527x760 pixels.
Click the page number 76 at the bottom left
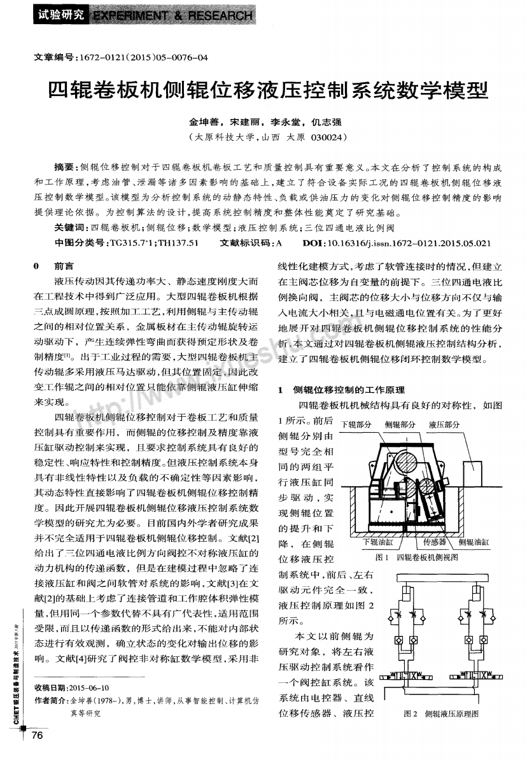coord(35,736)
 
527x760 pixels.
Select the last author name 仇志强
coord(330,122)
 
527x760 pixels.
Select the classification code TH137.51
coord(176,243)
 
